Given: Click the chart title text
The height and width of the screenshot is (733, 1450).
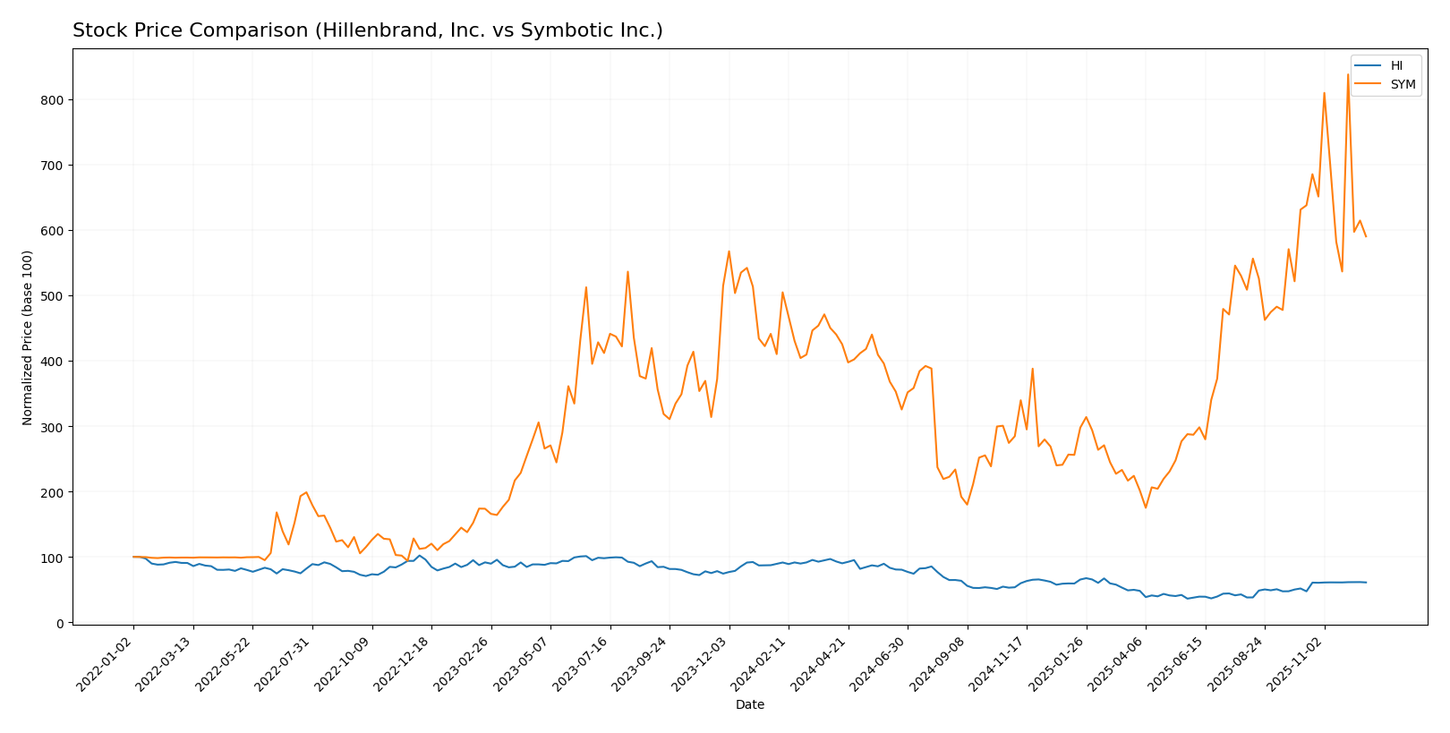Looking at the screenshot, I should click(367, 30).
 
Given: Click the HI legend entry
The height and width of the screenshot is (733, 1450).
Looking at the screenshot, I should click(1396, 65).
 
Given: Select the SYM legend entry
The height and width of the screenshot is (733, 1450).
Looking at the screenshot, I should click(1402, 84).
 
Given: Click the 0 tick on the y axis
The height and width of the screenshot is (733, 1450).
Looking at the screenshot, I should click(60, 623).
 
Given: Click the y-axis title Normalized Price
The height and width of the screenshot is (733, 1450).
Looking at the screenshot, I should click(28, 337).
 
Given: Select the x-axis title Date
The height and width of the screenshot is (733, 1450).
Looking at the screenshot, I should click(749, 704).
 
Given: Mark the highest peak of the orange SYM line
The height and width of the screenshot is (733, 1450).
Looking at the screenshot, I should click(1348, 74).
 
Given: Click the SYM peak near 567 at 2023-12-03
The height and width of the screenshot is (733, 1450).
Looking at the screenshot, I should click(729, 251).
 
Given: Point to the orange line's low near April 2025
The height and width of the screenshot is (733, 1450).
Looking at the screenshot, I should click(1146, 507).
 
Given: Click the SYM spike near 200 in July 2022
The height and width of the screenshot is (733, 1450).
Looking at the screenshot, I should click(306, 492).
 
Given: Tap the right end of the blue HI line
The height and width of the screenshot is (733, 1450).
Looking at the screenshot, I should click(1366, 583).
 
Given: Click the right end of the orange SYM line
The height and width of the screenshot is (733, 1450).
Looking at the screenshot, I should click(1366, 236).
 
